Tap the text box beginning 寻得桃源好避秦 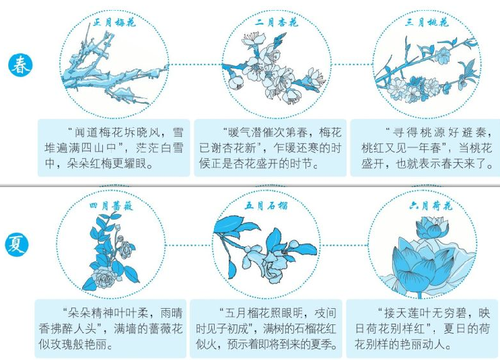coord(425,147)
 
